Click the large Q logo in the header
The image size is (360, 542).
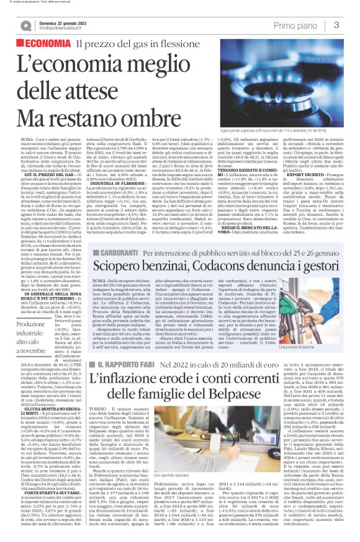click(26, 25)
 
